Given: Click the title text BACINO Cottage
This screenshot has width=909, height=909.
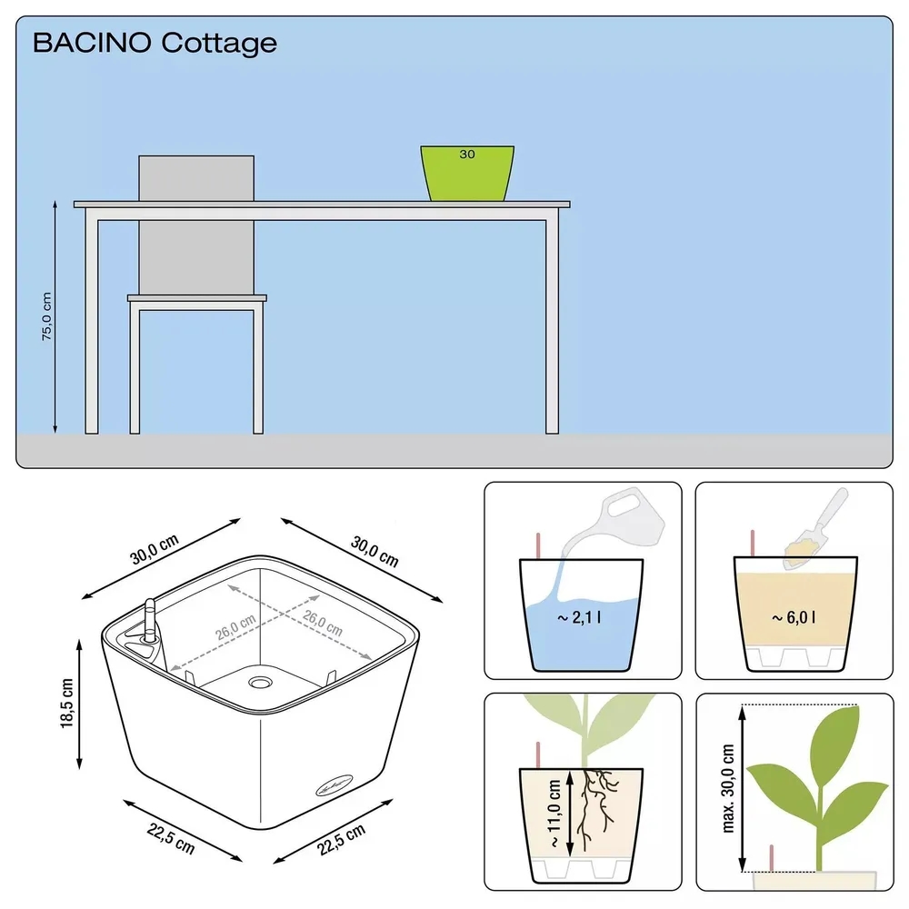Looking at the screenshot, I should pyautogui.click(x=155, y=43).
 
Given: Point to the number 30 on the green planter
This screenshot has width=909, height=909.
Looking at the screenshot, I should pyautogui.click(x=466, y=155).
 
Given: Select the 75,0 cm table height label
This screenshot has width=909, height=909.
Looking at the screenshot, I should pyautogui.click(x=46, y=317).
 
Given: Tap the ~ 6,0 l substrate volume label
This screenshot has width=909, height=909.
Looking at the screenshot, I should pyautogui.click(x=794, y=618).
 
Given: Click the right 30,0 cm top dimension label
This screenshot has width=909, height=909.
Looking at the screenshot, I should pyautogui.click(x=375, y=549).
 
